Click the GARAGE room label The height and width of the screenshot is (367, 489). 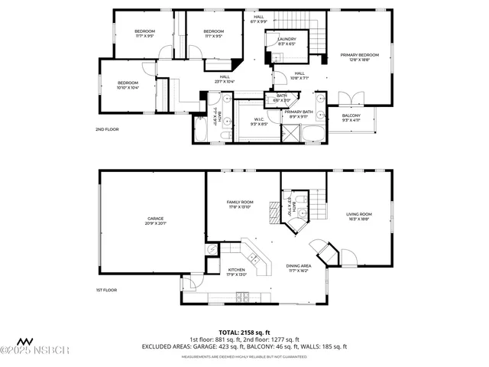(155, 221)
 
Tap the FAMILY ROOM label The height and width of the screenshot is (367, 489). (241, 204)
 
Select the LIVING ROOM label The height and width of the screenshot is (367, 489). (359, 216)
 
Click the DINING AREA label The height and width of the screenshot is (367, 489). (298, 268)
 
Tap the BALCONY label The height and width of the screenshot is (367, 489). (351, 118)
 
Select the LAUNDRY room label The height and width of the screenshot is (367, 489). (287, 41)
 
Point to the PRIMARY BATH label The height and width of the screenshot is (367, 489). (299, 114)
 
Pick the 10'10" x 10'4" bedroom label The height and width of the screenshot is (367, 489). (128, 85)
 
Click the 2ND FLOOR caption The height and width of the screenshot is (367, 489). (107, 130)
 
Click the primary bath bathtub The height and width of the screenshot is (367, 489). (314, 135)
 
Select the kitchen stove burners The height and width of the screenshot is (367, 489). (242, 297)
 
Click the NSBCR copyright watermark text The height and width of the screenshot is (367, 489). (36, 350)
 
